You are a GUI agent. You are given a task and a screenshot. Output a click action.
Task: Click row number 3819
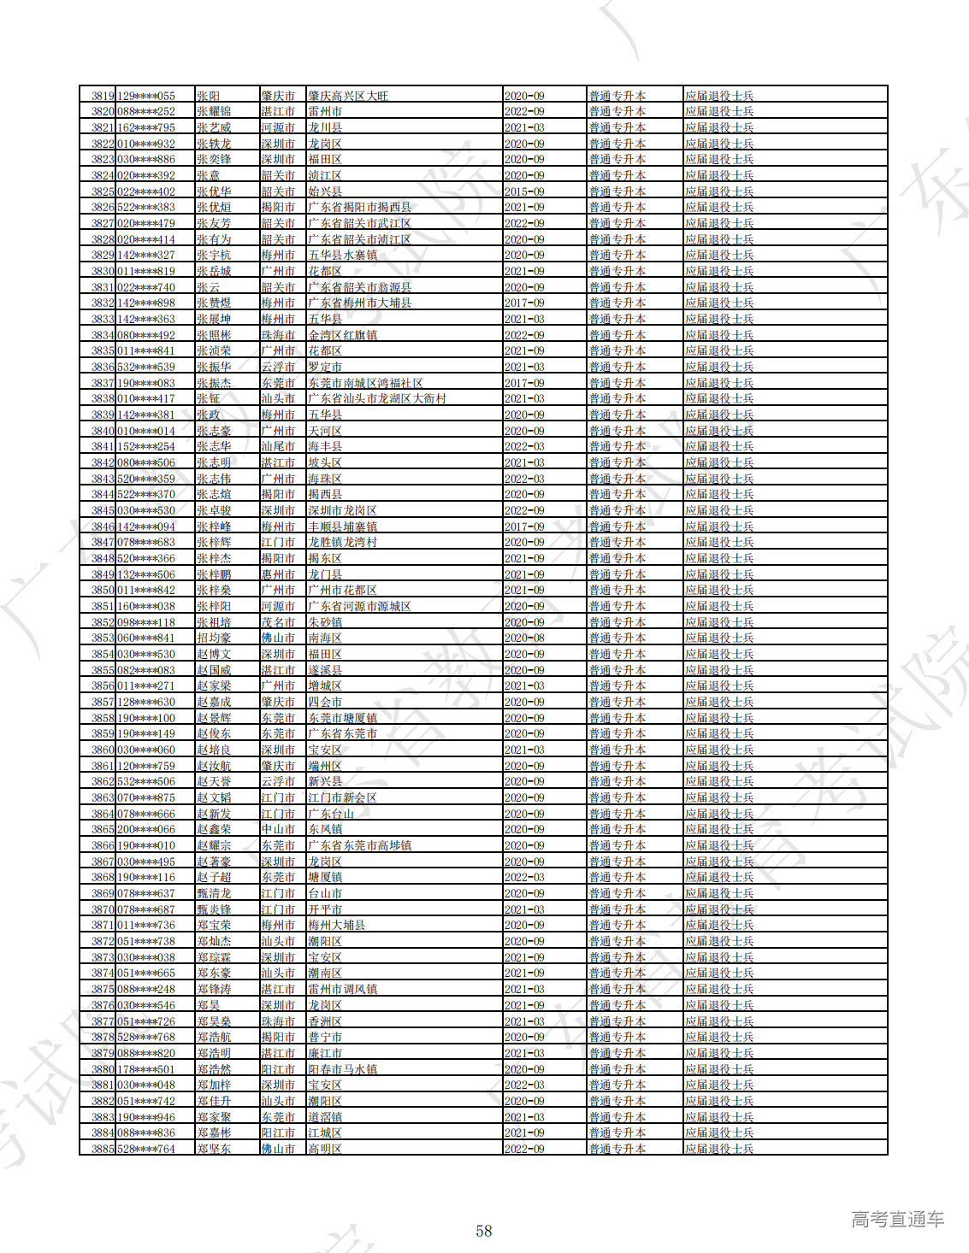click(x=103, y=96)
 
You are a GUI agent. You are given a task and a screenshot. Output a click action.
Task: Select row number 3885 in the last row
click(x=103, y=1149)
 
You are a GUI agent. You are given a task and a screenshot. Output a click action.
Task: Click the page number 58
click(x=484, y=1231)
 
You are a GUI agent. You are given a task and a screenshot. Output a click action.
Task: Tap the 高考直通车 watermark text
click(x=897, y=1220)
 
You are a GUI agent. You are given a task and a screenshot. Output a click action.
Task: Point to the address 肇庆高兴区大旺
click(x=348, y=96)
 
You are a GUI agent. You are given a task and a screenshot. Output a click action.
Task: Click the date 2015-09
click(x=524, y=191)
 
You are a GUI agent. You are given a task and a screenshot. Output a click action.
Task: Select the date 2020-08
click(x=524, y=638)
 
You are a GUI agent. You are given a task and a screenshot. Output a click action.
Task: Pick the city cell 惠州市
click(x=278, y=574)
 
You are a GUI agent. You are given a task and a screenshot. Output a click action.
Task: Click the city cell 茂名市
click(x=278, y=622)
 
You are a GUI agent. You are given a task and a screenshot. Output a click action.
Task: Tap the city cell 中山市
click(x=278, y=829)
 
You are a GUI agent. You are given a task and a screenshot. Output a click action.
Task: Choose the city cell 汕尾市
click(x=278, y=446)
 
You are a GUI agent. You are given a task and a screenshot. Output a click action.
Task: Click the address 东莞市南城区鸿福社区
click(x=365, y=383)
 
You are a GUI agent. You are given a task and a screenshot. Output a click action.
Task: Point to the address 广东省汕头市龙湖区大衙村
click(x=377, y=398)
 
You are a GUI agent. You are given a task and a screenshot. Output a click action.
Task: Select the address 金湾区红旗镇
click(x=342, y=335)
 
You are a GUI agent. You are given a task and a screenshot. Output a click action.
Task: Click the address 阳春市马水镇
click(x=342, y=1069)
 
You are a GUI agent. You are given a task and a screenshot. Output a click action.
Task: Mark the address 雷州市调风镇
click(x=342, y=989)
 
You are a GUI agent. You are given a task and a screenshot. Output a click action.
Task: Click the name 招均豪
click(x=214, y=638)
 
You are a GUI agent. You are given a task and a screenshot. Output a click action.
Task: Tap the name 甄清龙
click(x=214, y=893)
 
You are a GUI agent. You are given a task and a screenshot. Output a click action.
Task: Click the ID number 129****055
click(x=146, y=96)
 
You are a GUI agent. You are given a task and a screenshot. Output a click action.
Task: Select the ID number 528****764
click(x=146, y=1149)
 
